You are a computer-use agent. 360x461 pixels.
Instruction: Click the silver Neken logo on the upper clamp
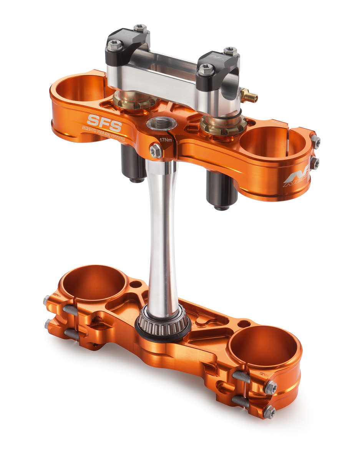(296, 178)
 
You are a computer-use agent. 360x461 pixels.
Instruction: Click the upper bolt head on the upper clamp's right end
(315, 142)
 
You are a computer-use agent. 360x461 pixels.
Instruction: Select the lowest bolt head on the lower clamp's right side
(269, 411)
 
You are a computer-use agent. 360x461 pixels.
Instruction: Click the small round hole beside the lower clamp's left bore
(136, 285)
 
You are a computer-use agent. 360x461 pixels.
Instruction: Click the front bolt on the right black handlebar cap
(206, 70)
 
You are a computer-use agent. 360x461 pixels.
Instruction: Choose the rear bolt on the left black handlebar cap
(141, 28)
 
